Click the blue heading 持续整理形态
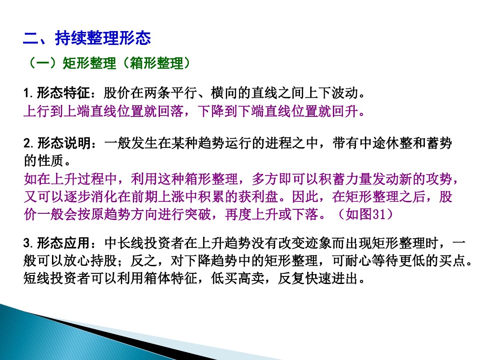103,38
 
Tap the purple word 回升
345,111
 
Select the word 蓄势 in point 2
440,144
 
